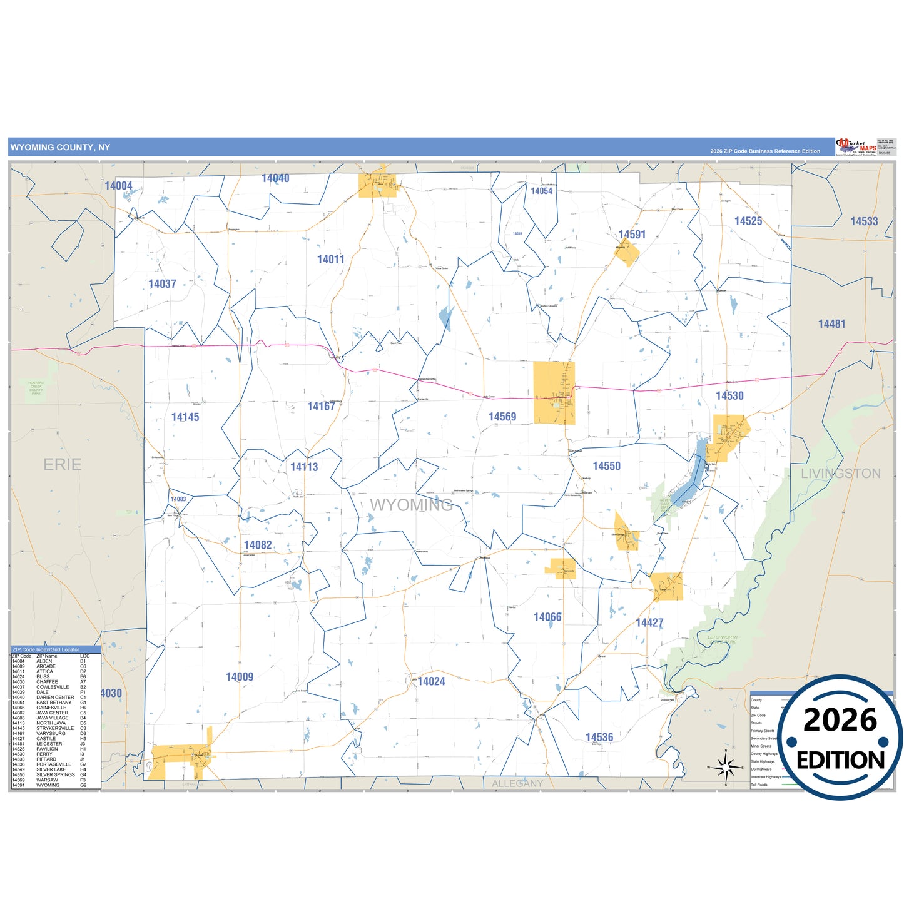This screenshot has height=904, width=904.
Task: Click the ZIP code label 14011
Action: point(330,260)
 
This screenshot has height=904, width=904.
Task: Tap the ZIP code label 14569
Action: point(502,417)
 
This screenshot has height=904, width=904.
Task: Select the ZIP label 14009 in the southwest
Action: point(239,677)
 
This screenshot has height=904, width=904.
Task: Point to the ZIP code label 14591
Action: point(632,235)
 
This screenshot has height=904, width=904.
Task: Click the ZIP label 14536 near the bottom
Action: point(599,738)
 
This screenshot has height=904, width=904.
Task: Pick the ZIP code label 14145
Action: point(185,417)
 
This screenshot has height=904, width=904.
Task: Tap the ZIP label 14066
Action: point(547,617)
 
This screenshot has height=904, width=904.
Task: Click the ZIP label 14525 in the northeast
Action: point(748,221)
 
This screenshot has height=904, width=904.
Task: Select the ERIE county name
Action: point(63,465)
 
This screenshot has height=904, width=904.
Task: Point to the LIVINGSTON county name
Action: point(840,474)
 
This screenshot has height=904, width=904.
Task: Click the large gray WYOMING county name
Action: point(411,505)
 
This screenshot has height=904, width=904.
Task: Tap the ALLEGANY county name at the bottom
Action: point(517,783)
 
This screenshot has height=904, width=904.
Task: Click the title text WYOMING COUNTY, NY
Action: point(60,148)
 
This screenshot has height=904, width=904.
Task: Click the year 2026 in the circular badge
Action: point(840,721)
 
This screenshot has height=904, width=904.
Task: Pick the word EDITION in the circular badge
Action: point(840,760)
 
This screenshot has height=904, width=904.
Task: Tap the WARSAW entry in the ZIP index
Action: point(47,780)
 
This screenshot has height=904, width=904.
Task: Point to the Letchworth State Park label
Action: point(722,639)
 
